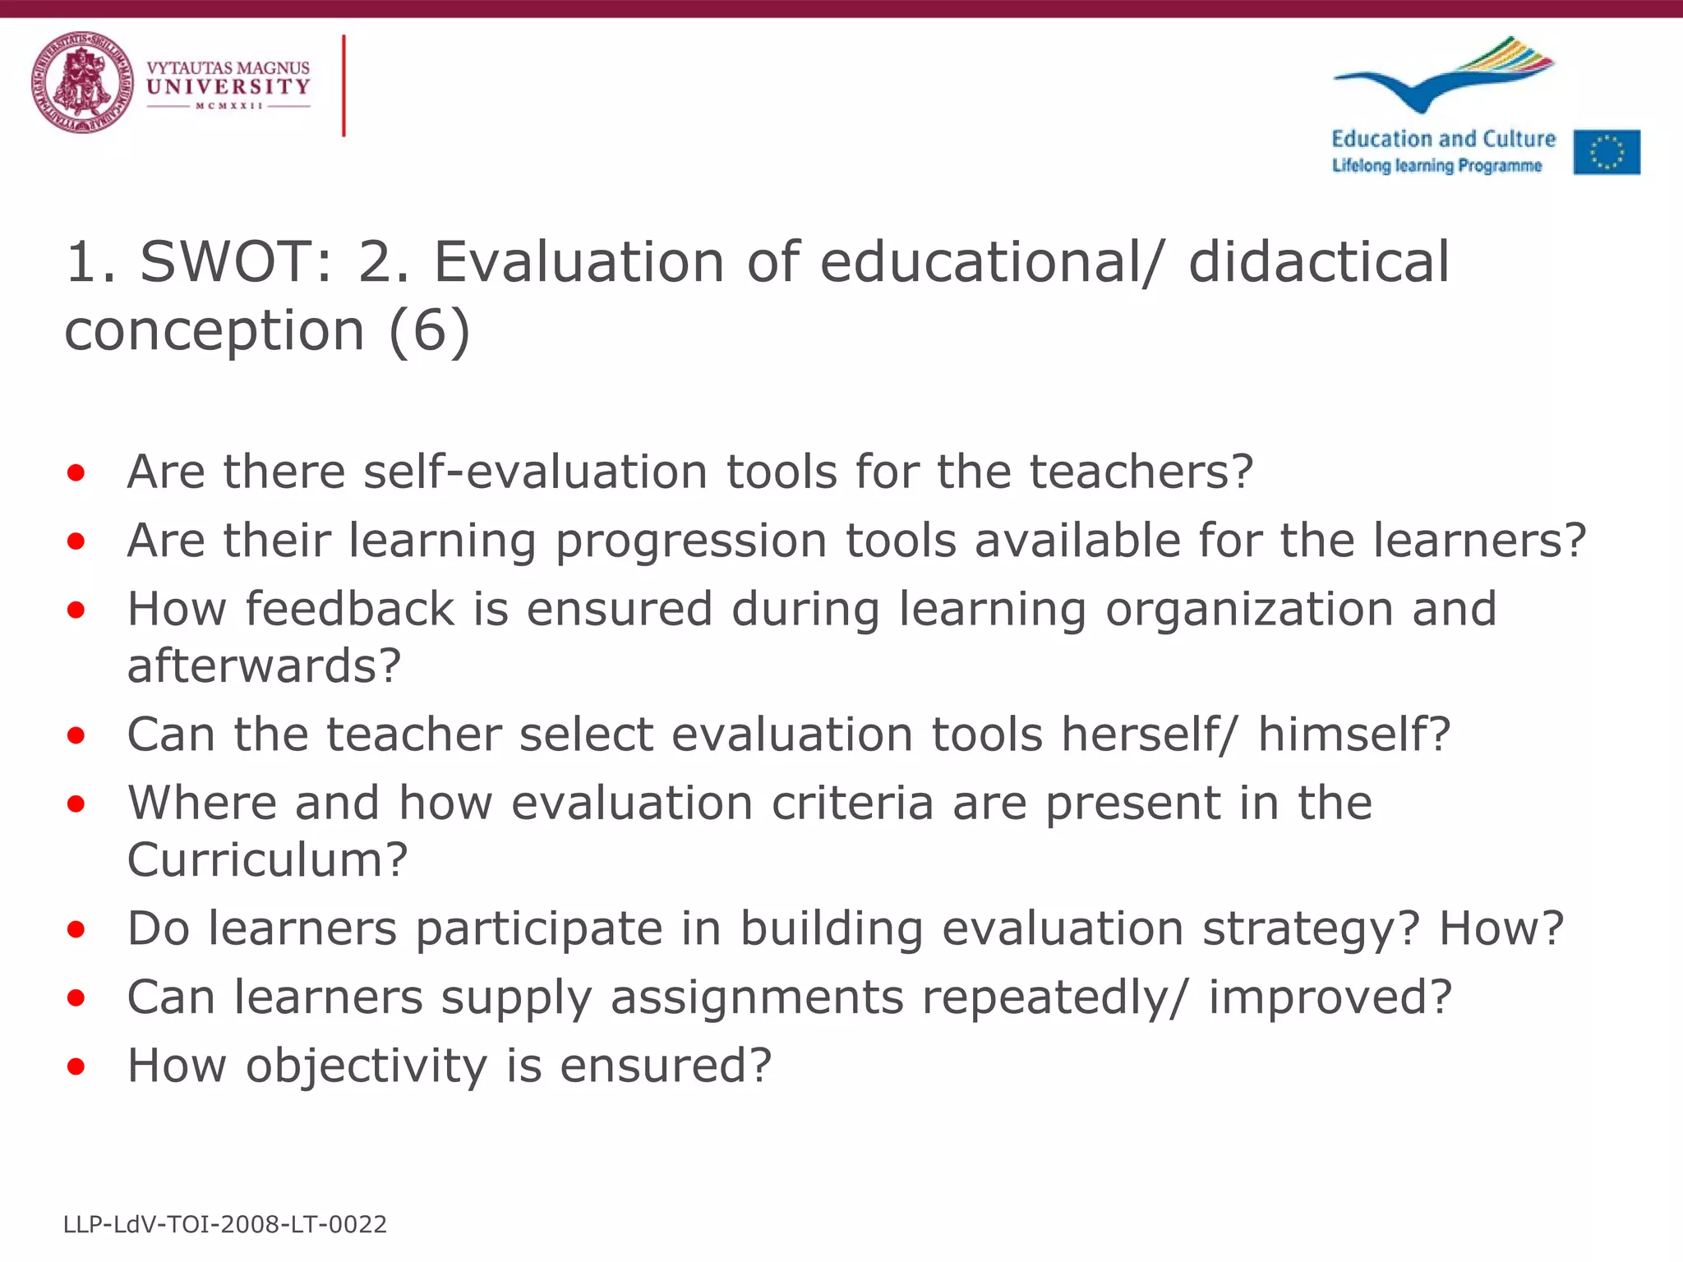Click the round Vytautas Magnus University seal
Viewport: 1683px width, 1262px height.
coord(82,82)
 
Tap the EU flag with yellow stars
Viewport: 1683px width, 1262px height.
coord(1607,152)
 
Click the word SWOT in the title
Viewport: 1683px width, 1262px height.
coord(235,263)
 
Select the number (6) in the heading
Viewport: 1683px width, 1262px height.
coord(430,331)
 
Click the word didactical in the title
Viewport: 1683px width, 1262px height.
coord(1319,263)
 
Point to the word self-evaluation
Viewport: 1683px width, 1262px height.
coord(535,472)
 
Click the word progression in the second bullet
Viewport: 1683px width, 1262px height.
coord(691,542)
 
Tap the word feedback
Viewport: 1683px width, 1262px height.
coord(350,610)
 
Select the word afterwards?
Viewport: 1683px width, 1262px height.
coord(264,666)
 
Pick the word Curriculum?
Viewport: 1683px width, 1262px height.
coord(267,859)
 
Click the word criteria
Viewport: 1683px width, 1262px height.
coord(852,803)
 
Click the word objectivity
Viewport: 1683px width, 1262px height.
coord(367,1066)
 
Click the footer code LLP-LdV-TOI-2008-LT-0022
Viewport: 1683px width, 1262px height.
coord(225,1225)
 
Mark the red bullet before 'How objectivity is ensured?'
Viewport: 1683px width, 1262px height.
coord(76,1066)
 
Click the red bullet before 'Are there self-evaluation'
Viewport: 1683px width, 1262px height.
coord(76,473)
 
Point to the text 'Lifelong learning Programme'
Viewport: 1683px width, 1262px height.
coord(1436,166)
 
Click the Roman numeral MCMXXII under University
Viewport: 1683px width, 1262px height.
coord(228,106)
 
